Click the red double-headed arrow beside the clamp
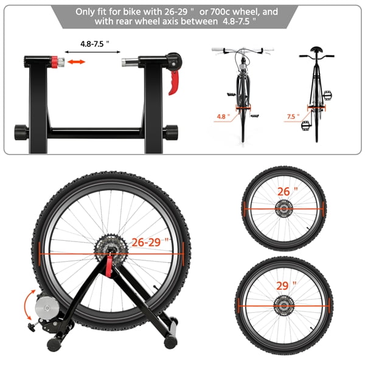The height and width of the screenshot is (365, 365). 76,62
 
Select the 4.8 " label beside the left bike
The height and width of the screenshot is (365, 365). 224,115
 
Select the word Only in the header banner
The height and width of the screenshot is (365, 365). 86,12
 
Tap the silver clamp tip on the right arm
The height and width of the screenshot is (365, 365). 128,62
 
